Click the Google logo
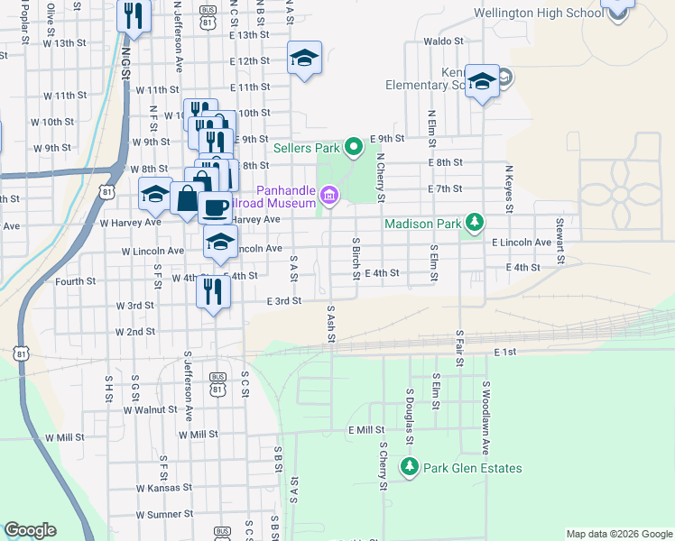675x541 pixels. (30, 530)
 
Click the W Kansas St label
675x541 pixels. (163, 487)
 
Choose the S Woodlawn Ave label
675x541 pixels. (485, 417)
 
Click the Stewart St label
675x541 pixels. (559, 233)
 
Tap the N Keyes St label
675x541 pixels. (509, 188)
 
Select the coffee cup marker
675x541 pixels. (215, 207)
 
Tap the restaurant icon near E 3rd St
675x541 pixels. (213, 290)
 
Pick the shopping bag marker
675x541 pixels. (187, 197)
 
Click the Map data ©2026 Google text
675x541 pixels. (619, 534)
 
